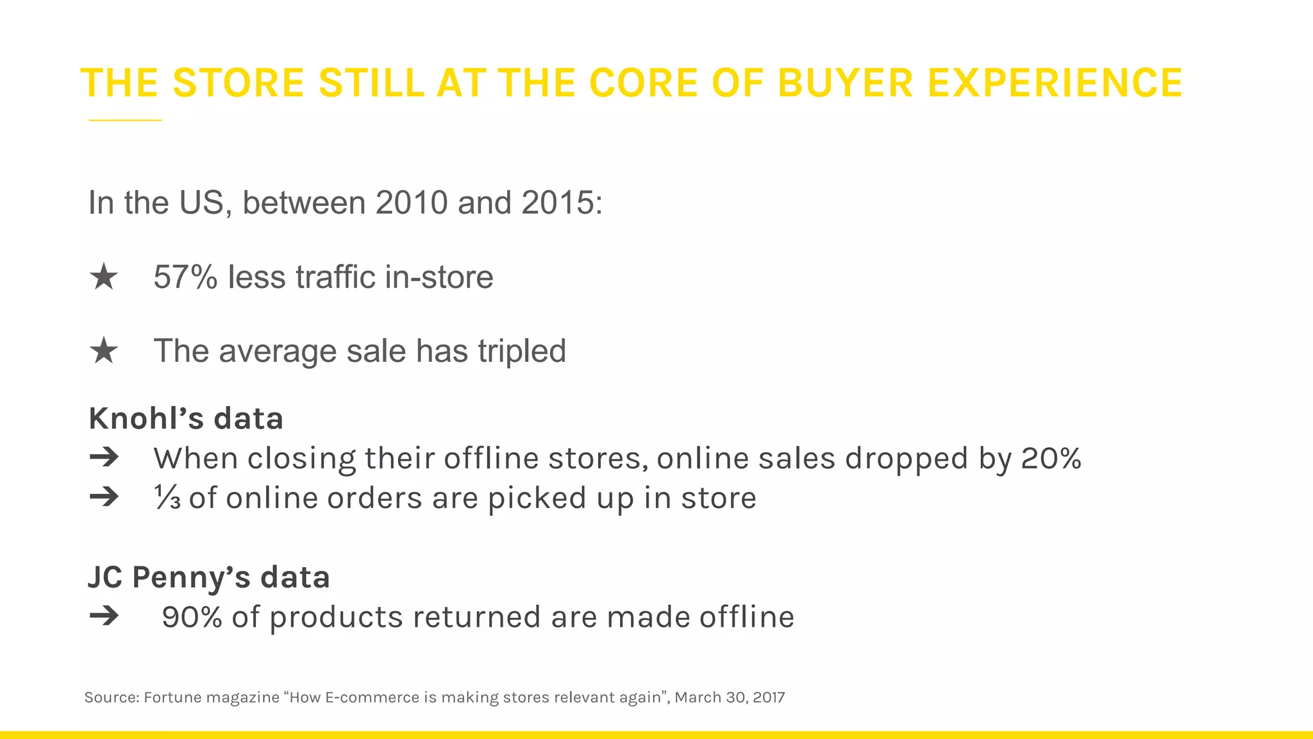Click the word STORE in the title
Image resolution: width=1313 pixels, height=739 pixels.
click(238, 83)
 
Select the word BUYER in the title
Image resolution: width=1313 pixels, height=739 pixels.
click(845, 83)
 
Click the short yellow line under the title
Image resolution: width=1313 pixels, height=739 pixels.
click(125, 120)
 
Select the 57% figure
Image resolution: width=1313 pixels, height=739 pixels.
click(185, 277)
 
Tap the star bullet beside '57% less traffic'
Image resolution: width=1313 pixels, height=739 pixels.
click(104, 278)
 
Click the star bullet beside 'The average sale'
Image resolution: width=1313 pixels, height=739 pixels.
click(104, 352)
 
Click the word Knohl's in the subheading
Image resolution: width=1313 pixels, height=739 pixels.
click(146, 419)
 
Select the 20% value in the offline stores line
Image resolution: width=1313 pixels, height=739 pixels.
click(1051, 458)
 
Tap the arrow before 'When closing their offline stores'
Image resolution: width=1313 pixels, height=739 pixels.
click(104, 457)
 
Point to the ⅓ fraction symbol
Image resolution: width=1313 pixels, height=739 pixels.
click(167, 498)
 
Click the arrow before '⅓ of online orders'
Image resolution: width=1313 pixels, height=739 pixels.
click(104, 497)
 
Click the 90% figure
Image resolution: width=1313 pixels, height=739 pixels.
click(192, 617)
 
